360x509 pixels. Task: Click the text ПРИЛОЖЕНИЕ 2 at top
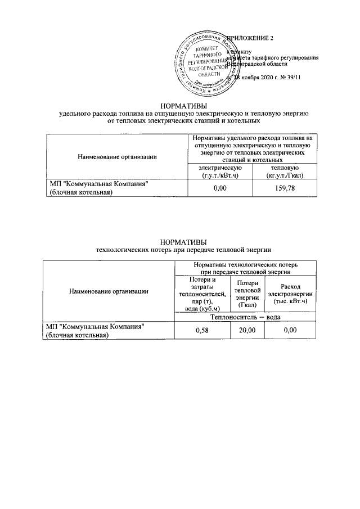point(253,38)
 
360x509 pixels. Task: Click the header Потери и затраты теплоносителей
point(202,294)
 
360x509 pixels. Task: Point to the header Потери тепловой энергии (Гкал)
point(247,294)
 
